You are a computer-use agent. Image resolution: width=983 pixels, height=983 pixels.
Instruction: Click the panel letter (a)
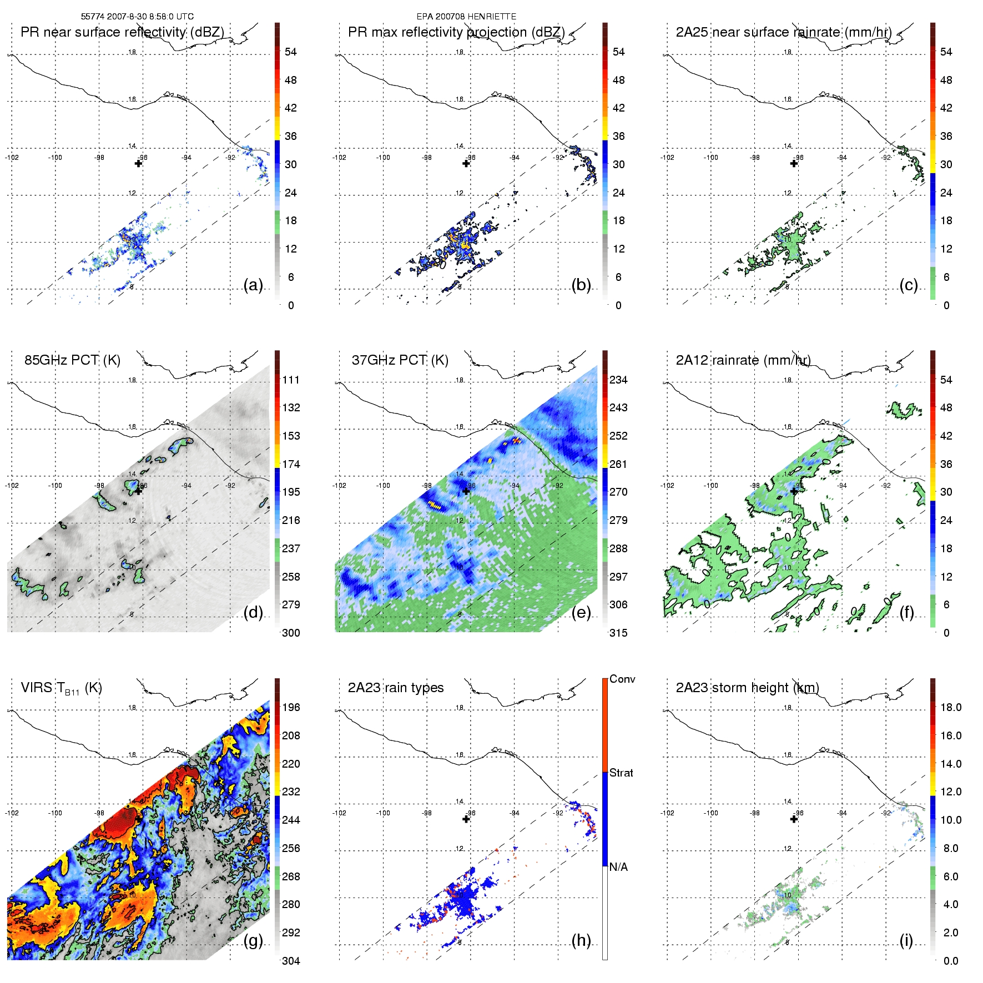coord(253,285)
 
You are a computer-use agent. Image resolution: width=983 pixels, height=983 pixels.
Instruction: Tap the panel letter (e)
coord(581,613)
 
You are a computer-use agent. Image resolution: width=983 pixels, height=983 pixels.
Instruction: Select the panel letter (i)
coord(906,940)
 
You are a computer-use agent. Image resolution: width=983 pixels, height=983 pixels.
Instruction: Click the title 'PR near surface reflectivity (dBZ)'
coord(122,32)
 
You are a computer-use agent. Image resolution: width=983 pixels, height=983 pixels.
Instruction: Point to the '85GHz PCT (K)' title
coord(72,360)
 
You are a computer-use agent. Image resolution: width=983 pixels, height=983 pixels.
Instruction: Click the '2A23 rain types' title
coord(396,688)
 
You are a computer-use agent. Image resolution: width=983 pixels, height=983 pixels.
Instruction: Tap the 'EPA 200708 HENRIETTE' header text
coord(466,17)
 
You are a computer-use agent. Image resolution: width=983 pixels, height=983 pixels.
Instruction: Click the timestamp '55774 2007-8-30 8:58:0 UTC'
coord(137,17)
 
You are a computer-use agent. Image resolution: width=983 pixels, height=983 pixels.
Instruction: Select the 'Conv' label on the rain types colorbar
coord(622,679)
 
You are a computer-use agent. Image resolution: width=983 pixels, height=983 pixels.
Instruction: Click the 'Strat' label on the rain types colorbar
coord(621,773)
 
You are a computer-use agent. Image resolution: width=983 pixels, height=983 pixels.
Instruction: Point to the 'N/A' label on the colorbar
coord(618,867)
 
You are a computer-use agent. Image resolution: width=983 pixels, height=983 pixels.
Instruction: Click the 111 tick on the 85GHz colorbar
coord(291,380)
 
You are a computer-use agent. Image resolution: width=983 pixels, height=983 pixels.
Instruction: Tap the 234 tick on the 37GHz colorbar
coord(618,380)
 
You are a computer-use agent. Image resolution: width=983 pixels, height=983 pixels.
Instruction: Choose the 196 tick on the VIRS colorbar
coord(291,708)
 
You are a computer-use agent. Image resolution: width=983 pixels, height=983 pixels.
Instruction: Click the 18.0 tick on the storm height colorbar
coord(951,708)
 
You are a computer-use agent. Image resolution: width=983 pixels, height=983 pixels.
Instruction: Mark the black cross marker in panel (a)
coord(138,163)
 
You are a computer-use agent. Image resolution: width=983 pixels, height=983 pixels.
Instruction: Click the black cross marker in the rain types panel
coord(466,819)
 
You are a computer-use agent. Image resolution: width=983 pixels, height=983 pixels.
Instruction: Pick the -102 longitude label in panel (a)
coord(12,158)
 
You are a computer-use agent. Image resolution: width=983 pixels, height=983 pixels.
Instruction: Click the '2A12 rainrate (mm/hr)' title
coord(743,360)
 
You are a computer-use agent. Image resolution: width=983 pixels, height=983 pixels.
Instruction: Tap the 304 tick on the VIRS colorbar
coord(291,961)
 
